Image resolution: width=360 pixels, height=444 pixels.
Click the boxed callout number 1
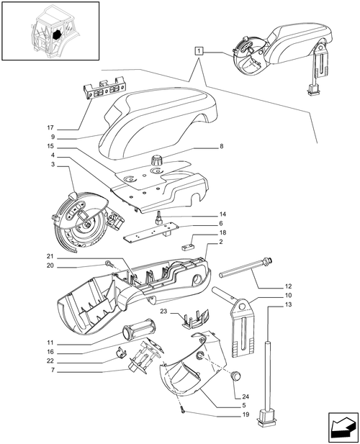(x=199, y=50)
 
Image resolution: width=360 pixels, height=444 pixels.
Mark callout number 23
(x=163, y=312)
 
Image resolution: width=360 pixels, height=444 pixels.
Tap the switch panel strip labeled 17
(x=103, y=92)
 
